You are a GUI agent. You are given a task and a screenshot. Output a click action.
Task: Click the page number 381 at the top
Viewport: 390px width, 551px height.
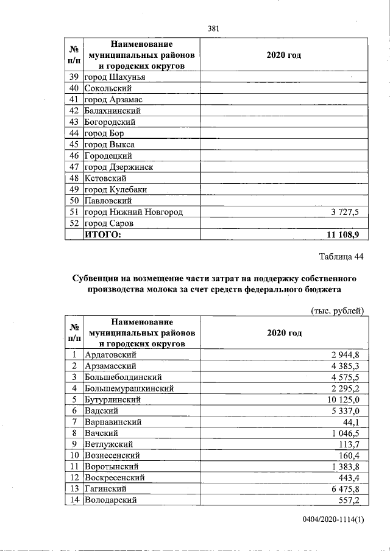click(213, 28)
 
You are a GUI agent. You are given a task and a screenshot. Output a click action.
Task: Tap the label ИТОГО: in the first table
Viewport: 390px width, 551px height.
click(103, 234)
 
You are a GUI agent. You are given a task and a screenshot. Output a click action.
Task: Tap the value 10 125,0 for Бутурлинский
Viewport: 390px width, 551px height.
click(344, 399)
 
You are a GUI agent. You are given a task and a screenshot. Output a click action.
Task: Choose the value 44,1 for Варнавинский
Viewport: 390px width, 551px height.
click(354, 422)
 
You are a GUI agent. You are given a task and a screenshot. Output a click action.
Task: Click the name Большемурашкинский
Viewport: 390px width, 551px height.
click(130, 388)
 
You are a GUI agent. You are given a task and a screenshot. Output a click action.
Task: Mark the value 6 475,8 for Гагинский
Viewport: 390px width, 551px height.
click(347, 489)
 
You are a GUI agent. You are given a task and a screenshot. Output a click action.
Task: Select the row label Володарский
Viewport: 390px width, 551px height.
click(111, 500)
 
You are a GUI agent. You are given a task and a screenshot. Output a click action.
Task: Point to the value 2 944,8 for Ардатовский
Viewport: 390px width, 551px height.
click(347, 354)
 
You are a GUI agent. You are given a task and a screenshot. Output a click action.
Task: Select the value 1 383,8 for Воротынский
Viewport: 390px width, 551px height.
click(347, 466)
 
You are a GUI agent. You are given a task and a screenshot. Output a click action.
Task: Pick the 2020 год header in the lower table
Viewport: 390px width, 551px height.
click(284, 333)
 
